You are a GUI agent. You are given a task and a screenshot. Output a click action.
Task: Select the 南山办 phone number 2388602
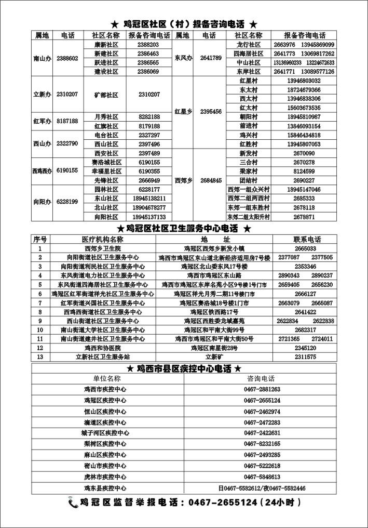[x=67, y=58]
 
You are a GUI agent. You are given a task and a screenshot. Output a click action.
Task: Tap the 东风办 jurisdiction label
[x=183, y=58]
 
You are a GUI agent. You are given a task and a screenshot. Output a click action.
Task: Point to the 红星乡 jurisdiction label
[x=183, y=111]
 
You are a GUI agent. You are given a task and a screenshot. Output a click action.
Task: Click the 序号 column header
[x=40, y=240]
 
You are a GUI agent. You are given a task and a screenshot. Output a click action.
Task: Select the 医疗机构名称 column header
[x=102, y=240]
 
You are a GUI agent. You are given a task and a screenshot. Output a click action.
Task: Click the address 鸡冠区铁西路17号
[x=214, y=312]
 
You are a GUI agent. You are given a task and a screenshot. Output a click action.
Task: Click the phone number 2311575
[x=305, y=357]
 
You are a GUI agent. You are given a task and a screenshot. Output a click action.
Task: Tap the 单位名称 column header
[x=106, y=379]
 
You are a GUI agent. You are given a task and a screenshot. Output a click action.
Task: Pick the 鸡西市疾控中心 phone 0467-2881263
[x=262, y=389]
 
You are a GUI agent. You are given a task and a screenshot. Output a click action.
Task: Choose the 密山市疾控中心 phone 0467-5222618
[x=262, y=465]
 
